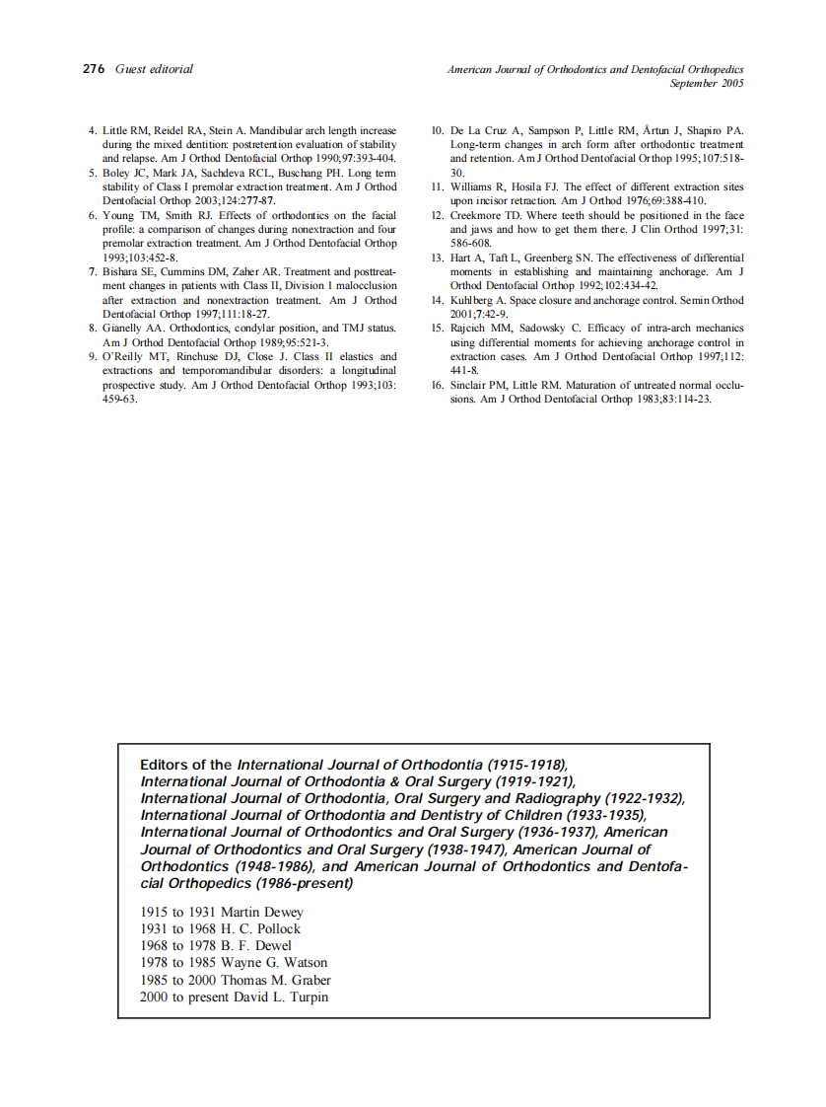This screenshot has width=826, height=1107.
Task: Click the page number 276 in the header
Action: [x=94, y=69]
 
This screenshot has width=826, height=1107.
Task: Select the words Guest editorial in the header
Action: [x=154, y=69]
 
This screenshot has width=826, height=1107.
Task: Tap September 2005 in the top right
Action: [x=707, y=84]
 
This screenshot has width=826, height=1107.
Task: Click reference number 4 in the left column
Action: [x=92, y=130]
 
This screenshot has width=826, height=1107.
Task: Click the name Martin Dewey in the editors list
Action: [x=262, y=913]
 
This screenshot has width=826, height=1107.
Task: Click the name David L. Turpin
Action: [x=281, y=997]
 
